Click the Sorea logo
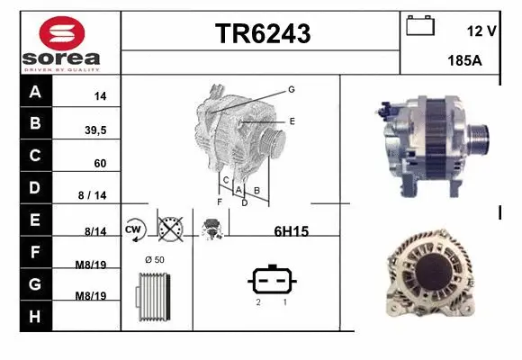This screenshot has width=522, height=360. tap(60, 42)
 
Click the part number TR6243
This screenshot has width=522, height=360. tap(262, 34)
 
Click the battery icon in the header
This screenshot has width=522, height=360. tap(420, 26)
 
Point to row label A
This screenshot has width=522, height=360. tap(35, 93)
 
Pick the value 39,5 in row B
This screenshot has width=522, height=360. tap(94, 130)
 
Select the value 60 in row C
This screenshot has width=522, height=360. tap(101, 164)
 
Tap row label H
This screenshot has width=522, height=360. tap(35, 316)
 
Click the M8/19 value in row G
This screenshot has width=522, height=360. tap(92, 296)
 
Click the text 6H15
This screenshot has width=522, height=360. tap(291, 231)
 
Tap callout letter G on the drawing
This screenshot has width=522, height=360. tap(292, 89)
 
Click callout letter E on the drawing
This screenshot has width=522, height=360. tap(292, 120)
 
